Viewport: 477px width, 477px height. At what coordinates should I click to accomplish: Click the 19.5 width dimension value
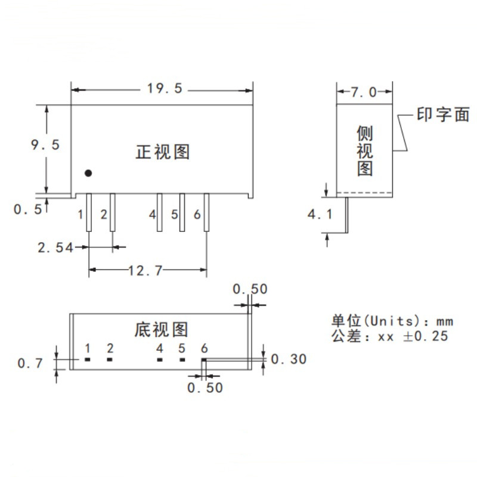coord(163,89)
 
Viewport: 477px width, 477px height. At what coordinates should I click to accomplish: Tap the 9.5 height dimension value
coord(45,145)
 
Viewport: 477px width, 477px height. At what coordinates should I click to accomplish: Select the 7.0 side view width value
coord(364,92)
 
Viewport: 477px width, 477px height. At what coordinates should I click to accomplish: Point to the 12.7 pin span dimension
coord(145,271)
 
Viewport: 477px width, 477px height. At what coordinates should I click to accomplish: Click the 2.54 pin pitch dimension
coord(55,247)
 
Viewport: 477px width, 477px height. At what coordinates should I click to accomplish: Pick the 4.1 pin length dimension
coord(320,214)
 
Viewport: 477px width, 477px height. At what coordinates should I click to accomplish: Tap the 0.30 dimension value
coord(289,359)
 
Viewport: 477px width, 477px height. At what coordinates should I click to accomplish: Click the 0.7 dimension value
coord(30,363)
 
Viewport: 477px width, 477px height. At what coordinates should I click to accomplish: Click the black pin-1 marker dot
coord(88,173)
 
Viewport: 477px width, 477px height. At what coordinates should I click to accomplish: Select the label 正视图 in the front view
coord(162,152)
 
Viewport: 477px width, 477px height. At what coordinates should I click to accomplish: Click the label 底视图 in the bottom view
coord(161,329)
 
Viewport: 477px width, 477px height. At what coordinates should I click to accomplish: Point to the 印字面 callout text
coord(443,114)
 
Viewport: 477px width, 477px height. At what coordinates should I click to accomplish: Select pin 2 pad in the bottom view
coord(110,360)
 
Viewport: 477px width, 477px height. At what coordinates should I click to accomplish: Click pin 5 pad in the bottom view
coord(182,360)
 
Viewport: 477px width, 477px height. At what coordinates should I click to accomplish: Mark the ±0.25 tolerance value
coord(425,336)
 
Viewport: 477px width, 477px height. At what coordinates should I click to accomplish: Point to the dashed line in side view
coord(364,192)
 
